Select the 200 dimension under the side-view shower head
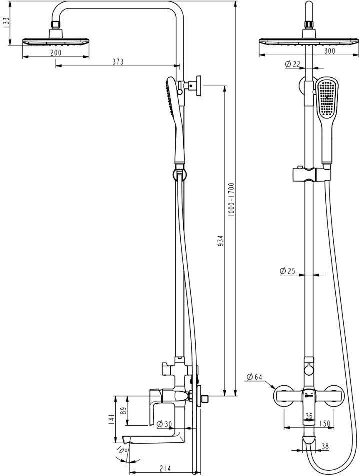click(x=56, y=53)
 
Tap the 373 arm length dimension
click(x=117, y=61)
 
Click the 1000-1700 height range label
click(x=231, y=198)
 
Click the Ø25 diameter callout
click(x=288, y=271)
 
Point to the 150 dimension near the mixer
click(x=325, y=424)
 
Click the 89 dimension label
click(x=123, y=411)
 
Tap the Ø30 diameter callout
click(x=164, y=424)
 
